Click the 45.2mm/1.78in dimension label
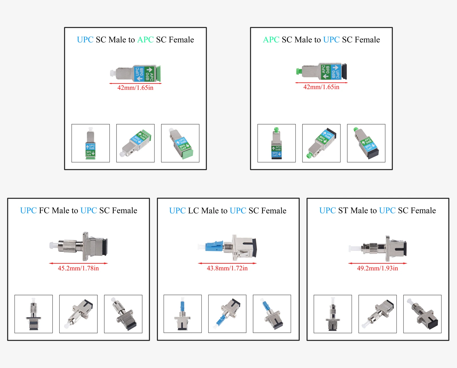[x=78, y=268]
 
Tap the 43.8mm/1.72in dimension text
[x=227, y=268]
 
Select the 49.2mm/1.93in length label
[x=377, y=268]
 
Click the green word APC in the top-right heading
[x=271, y=40]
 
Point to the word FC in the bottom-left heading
[x=44, y=211]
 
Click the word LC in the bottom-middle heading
[x=193, y=211]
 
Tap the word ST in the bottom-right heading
[x=343, y=211]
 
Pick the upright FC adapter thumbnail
[x=34, y=314]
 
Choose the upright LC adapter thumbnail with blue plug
[x=183, y=314]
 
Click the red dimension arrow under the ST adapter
[x=377, y=263]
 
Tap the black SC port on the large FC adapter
[x=105, y=247]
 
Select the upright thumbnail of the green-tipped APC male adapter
[x=276, y=143]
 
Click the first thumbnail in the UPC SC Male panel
[x=91, y=143]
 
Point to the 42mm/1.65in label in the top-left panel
[x=135, y=88]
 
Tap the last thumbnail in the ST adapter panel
[x=422, y=314]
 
